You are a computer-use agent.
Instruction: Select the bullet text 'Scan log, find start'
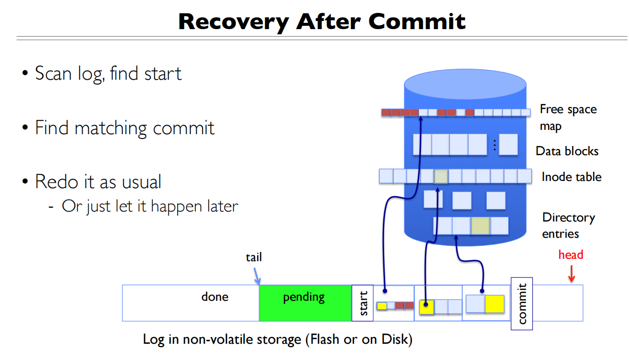coord(108,74)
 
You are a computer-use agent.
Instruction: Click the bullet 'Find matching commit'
coord(125,128)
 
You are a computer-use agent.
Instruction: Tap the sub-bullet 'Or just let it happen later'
coord(149,206)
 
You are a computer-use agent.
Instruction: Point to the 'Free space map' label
coord(568,117)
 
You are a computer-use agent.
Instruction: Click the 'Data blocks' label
coord(567,151)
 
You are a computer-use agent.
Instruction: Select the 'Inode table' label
coord(571,177)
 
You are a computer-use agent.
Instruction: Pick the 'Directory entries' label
coord(568,225)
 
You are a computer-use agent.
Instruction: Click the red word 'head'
coord(571,254)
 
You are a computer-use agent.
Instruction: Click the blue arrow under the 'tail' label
coord(257,276)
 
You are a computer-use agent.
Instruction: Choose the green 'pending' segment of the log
coord(305,303)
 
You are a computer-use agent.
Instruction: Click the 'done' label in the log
coord(215,297)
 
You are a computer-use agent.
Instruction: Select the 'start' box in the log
coord(363,303)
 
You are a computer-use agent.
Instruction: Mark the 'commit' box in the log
coord(522,303)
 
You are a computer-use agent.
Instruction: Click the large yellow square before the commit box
coord(495,304)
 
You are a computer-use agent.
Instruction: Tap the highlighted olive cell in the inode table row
coord(441,176)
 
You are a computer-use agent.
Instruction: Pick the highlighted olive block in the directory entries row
coord(481,225)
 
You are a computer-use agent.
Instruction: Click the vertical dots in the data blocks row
coord(495,145)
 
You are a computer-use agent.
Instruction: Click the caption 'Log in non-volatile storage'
coord(277,339)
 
